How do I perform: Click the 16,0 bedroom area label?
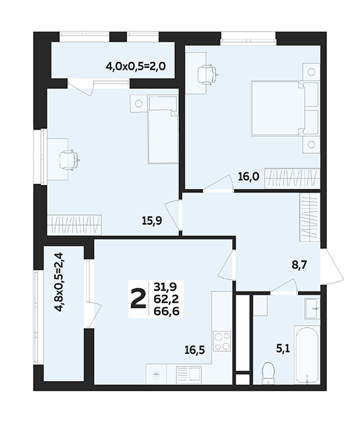(x=249, y=176)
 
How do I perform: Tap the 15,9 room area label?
(x=152, y=221)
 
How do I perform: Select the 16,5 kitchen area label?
(x=195, y=350)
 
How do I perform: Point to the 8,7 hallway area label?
(x=299, y=265)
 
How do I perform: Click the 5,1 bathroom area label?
(x=283, y=349)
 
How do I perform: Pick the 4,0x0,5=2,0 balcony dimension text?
(x=136, y=66)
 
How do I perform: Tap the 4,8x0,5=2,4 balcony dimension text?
(x=59, y=282)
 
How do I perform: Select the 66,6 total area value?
(x=167, y=311)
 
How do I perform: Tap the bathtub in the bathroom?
(x=307, y=355)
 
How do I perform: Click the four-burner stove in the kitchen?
(x=222, y=341)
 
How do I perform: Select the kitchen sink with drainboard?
(x=188, y=374)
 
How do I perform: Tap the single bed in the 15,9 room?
(x=163, y=130)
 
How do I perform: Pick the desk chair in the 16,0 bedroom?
(x=207, y=73)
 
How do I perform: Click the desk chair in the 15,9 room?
(x=68, y=160)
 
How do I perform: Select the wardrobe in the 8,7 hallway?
(x=309, y=218)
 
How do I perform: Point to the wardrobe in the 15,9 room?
(x=74, y=224)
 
